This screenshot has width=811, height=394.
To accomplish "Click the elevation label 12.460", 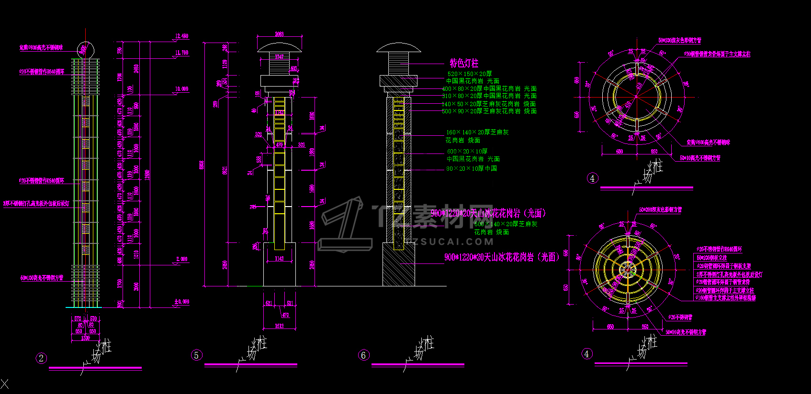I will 181,36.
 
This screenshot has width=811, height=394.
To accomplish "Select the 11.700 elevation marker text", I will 181,53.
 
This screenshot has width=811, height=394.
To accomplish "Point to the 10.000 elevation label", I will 181,89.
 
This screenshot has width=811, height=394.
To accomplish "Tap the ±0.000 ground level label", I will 181,302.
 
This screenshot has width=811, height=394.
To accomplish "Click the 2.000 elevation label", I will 182,259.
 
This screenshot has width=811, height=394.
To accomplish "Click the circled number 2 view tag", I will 41,358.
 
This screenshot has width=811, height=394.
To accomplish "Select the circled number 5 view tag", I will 196,355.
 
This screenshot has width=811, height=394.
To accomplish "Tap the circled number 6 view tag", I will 363,355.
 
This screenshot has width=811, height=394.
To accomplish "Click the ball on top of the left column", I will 85,50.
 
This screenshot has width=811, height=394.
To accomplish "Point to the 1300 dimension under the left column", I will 85,338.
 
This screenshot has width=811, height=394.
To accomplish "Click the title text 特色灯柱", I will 463,63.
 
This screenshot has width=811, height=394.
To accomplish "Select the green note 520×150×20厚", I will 470,74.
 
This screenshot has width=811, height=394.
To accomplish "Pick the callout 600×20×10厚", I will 467,152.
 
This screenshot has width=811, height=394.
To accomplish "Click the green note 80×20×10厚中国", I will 472,168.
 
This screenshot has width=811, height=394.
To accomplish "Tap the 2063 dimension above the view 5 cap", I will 279,34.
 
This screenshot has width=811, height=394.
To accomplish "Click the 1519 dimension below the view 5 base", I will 279,326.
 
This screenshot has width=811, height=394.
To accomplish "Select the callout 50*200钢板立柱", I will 711,258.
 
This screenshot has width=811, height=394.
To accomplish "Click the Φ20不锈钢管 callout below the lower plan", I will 680,317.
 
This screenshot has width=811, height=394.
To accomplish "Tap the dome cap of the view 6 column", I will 398,48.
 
